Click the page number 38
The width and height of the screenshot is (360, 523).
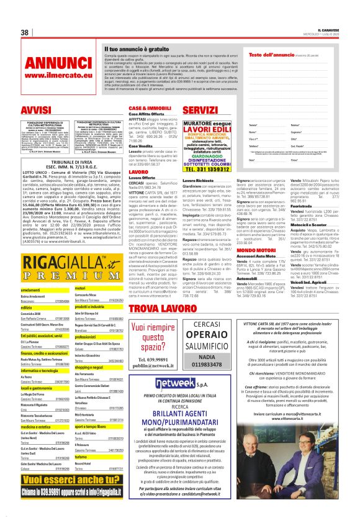click(x=25, y=32)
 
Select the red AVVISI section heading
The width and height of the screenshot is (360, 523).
click(x=35, y=110)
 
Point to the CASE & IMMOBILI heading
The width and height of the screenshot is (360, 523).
click(x=149, y=107)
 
